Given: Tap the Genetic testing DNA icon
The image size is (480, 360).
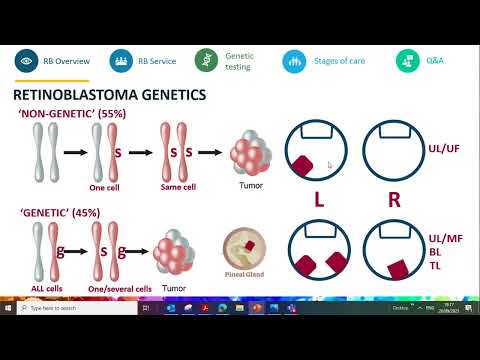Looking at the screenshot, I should pyautogui.click(x=207, y=61).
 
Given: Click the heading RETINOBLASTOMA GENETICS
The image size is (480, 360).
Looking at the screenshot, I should pyautogui.click(x=109, y=95).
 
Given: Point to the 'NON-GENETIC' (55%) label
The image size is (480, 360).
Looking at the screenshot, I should pyautogui.click(x=59, y=115).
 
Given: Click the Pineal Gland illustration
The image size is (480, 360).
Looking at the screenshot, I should pyautogui.click(x=244, y=250).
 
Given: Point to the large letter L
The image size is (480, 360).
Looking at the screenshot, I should pyautogui.click(x=319, y=199).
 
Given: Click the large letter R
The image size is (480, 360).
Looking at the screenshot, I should pyautogui.click(x=394, y=199).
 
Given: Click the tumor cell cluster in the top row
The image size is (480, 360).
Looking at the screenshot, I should pyautogui.click(x=251, y=155).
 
